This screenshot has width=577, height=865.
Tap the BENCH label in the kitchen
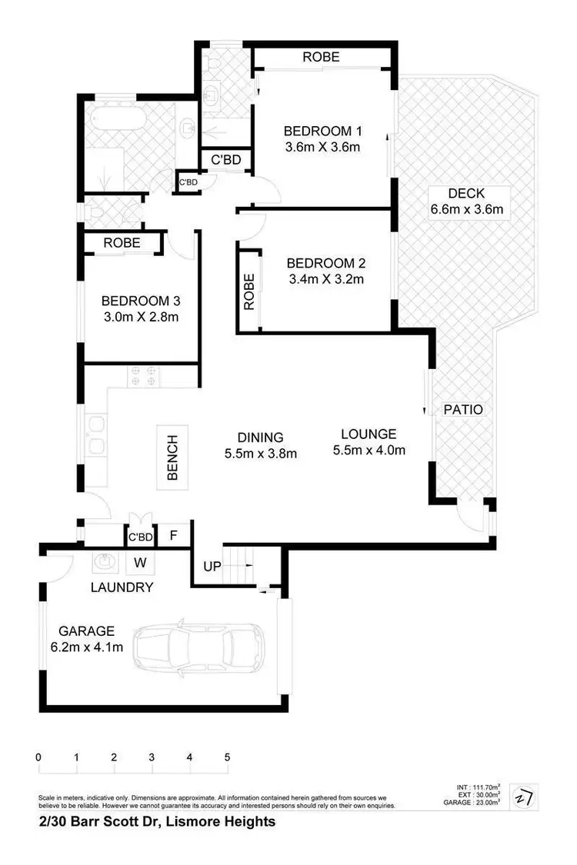tap(172, 457)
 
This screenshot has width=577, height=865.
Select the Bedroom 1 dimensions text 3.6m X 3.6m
tap(322, 147)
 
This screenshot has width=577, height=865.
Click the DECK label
tap(467, 193)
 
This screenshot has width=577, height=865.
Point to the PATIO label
tap(464, 410)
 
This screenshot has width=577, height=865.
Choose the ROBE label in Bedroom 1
tap(321, 57)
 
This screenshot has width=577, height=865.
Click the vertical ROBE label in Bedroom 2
tap(248, 292)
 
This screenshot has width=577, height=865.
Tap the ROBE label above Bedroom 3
tap(122, 242)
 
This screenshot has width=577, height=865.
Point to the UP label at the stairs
tap(212, 567)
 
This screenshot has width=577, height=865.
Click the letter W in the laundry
tap(141, 562)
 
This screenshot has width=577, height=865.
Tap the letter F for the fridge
tap(173, 535)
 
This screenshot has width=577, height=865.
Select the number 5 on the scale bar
tap(227, 757)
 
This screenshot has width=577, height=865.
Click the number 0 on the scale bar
tap(38, 757)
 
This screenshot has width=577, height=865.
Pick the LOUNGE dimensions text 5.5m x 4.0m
tap(369, 451)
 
